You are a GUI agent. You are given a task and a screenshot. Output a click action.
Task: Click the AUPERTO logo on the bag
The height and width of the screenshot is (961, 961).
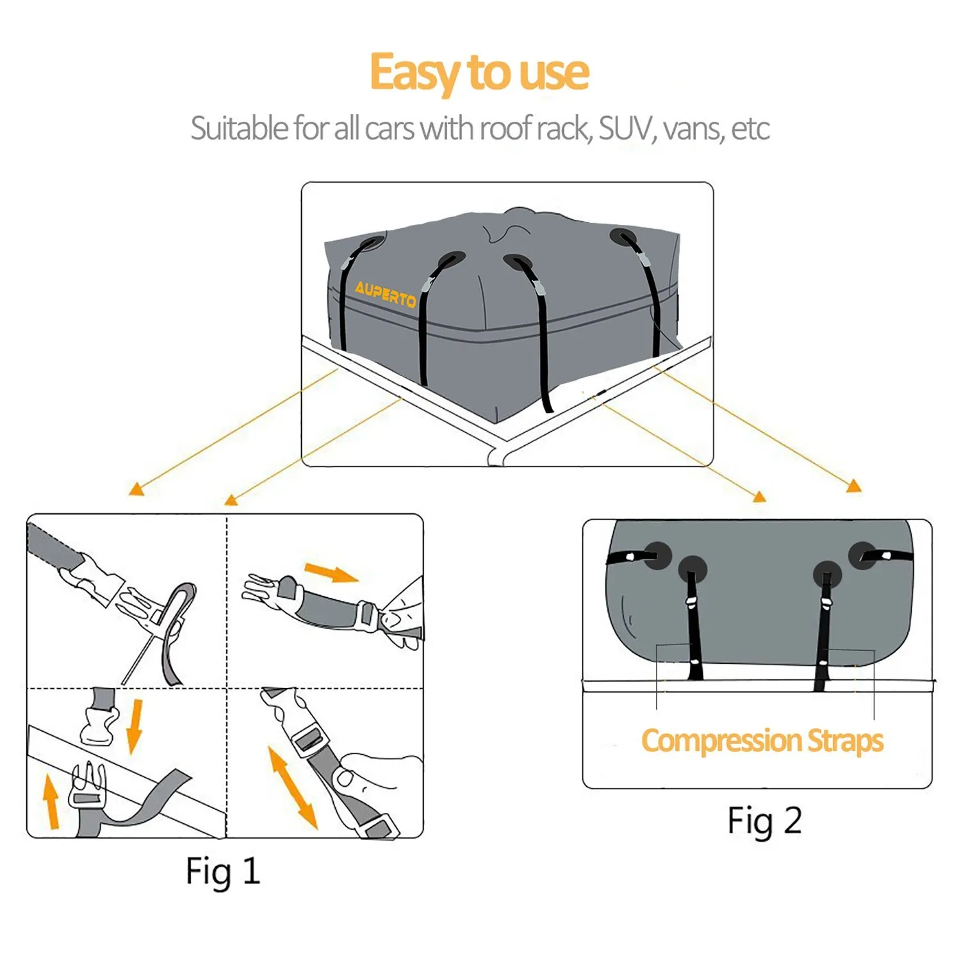point(385,294)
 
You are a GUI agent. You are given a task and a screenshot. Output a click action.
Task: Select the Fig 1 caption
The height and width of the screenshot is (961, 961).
point(223,872)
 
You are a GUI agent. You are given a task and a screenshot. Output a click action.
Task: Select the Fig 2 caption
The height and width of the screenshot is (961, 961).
point(764,821)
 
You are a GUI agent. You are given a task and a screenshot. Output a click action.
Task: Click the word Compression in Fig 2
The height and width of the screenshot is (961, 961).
point(721,741)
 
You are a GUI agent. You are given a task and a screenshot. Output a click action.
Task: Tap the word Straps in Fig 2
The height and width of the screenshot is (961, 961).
point(845,741)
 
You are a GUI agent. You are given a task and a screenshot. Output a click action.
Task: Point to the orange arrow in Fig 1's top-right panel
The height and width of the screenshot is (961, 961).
point(331,572)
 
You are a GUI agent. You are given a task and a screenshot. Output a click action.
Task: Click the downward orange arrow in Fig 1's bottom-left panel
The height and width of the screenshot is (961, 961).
point(135,726)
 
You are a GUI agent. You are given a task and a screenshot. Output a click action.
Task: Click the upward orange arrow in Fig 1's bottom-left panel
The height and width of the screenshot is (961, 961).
point(51,801)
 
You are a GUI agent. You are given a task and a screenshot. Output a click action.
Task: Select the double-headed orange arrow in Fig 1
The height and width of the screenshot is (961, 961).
point(293,788)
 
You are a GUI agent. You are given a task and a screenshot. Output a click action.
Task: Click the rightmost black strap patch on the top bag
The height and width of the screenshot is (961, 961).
point(623,237)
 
